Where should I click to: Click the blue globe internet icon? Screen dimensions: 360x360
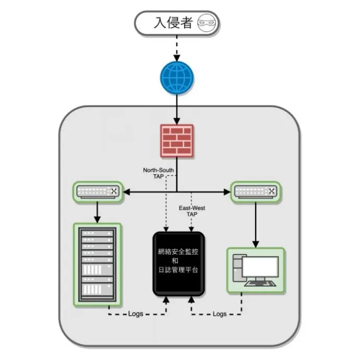pyautogui.click(x=177, y=77)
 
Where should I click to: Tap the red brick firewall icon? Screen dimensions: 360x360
pyautogui.click(x=177, y=140)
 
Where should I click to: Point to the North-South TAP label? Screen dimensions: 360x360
pyautogui.click(x=158, y=173)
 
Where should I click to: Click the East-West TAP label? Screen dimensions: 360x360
pyautogui.click(x=191, y=211)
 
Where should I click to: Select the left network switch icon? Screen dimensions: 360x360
pyautogui.click(x=97, y=192)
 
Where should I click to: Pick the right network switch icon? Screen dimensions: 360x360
pyautogui.click(x=256, y=192)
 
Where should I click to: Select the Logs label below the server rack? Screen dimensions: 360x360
pyautogui.click(x=138, y=314)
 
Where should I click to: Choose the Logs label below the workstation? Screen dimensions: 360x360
pyautogui.click(x=220, y=314)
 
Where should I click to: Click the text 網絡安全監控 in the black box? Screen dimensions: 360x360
pyautogui.click(x=178, y=251)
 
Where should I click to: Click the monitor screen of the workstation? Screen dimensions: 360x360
pyautogui.click(x=261, y=267)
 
